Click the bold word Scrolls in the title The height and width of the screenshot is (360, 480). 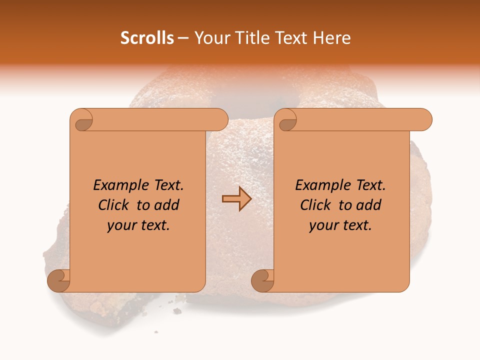point(147,38)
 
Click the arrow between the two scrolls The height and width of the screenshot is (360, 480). point(236,199)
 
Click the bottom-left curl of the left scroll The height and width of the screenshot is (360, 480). point(58,280)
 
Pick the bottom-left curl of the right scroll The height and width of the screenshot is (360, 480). point(262,280)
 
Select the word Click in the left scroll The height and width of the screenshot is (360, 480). point(114,205)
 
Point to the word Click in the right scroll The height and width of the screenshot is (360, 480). point(316,205)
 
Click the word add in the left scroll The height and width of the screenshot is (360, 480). point(166,205)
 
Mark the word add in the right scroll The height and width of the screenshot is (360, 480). point(368,205)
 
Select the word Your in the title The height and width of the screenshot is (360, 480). point(209,38)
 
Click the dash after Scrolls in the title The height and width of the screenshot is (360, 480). point(183,38)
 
